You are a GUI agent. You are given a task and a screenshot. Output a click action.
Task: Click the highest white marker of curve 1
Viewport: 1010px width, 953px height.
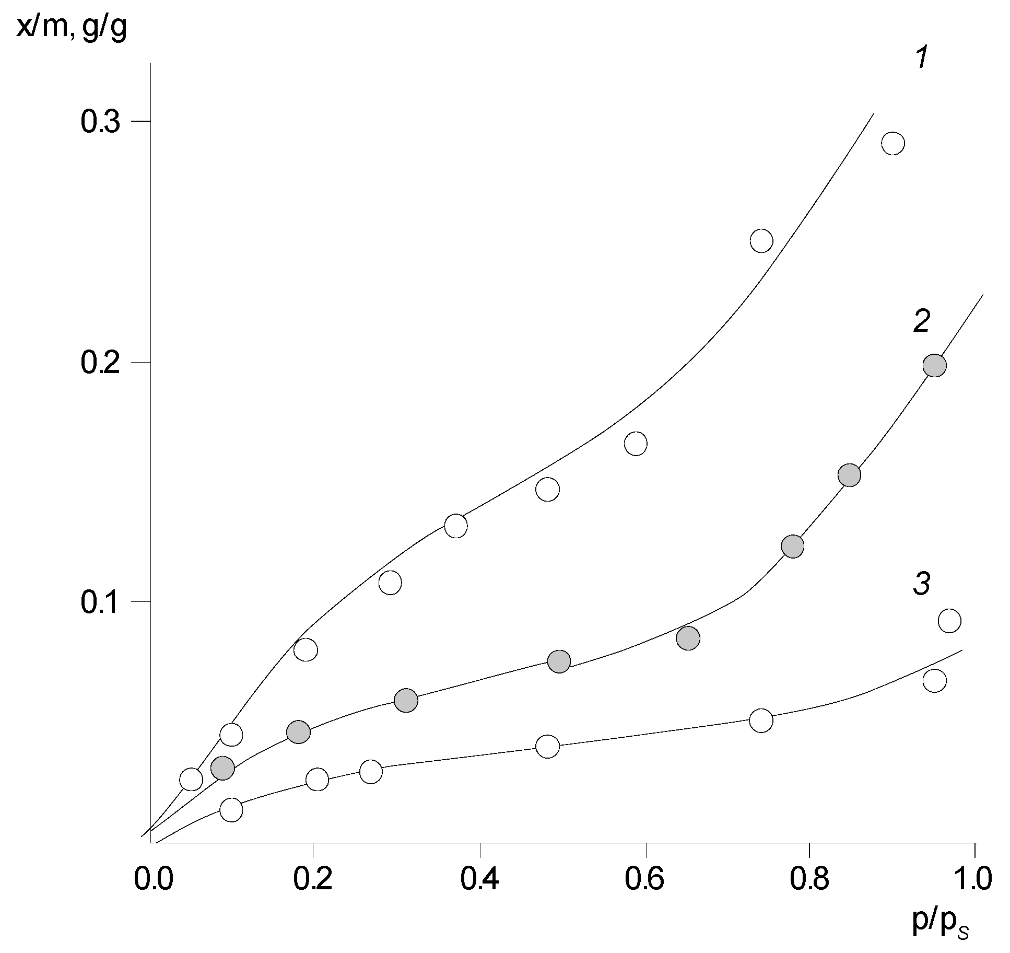pyautogui.click(x=893, y=143)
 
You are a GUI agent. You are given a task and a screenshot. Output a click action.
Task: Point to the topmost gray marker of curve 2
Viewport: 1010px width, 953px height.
pyautogui.click(x=934, y=365)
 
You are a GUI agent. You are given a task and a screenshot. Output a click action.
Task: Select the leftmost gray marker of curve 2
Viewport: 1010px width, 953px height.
pyautogui.click(x=223, y=768)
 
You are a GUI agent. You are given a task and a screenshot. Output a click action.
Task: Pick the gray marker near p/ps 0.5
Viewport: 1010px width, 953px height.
pyautogui.click(x=559, y=661)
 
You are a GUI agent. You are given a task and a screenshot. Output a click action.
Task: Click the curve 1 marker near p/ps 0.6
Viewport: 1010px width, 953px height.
pyautogui.click(x=636, y=444)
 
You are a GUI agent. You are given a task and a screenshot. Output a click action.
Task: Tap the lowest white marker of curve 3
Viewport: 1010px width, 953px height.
pyautogui.click(x=231, y=810)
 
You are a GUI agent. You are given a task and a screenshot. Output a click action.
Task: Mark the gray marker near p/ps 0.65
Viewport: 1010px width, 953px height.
pyautogui.click(x=688, y=638)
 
